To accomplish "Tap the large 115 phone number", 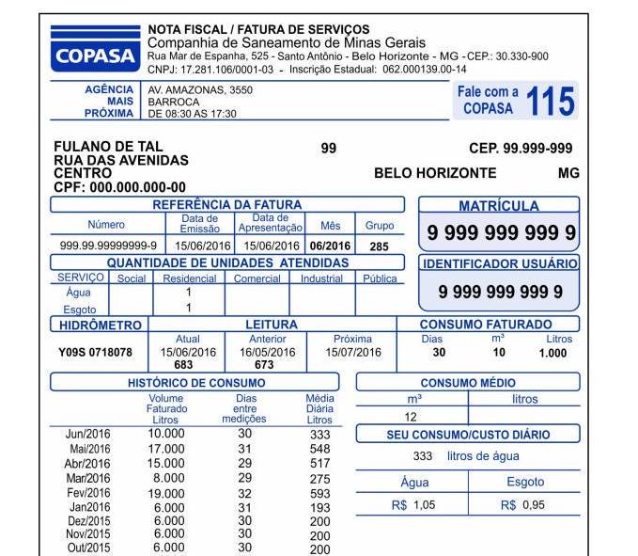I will [551, 101].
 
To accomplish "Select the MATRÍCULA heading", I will [498, 205].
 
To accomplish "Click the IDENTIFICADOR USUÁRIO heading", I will [499, 264].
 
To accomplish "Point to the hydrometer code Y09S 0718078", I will [96, 353].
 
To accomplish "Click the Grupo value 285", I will [379, 246].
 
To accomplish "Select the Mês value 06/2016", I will [330, 246].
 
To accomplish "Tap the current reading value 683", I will [184, 365].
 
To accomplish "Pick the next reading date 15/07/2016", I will [353, 353].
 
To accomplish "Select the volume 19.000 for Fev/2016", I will [166, 493].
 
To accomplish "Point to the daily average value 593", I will [320, 493].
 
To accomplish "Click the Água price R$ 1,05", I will [413, 505].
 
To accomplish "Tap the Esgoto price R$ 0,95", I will [522, 505].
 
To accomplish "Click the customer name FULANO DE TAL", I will [109, 147].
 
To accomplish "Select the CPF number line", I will [120, 187].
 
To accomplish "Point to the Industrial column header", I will [321, 278].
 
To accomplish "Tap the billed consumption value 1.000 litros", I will [552, 353].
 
